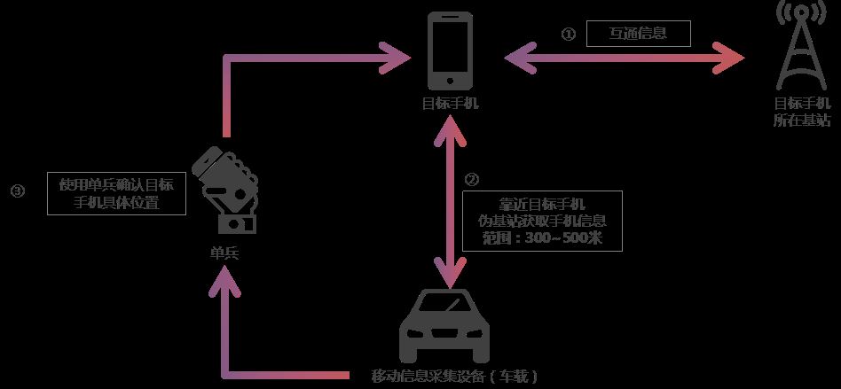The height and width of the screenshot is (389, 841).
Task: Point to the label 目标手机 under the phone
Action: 451,103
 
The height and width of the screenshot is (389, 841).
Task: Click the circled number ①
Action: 569,35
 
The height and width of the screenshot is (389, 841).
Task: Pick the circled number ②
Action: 472,178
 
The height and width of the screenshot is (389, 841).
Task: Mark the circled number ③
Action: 16,191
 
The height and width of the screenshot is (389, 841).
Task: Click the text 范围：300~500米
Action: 546,238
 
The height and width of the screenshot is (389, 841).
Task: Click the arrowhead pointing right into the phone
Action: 395,59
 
